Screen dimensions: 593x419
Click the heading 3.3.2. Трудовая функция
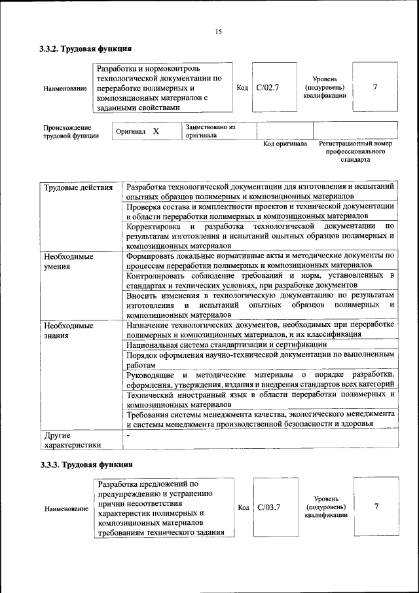pos(86,48)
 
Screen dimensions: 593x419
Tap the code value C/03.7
pos(268,507)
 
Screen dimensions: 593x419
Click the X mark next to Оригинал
pos(156,131)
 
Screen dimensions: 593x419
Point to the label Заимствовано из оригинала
pos(210,131)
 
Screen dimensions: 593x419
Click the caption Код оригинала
pos(285,143)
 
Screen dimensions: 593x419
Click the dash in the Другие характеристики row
pos(129,435)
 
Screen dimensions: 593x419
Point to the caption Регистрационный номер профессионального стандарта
pos(355,151)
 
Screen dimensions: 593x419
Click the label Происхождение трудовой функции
pos(71,132)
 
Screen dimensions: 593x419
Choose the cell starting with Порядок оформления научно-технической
pos(260,360)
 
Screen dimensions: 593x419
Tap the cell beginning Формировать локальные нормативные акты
pos(260,261)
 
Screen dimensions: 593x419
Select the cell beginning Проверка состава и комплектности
pos(260,210)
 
